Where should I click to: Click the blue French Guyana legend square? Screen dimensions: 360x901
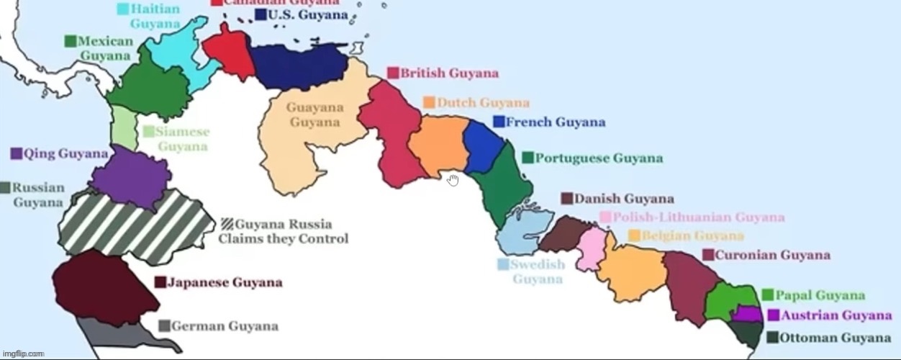tap(499, 122)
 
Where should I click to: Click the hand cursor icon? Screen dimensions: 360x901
tap(453, 179)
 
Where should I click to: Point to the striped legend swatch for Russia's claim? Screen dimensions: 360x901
tap(227, 224)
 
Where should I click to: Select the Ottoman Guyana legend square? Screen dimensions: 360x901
tap(771, 337)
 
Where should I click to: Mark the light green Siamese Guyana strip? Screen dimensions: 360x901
tap(123, 128)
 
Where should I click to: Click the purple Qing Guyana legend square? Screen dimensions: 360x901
tap(16, 153)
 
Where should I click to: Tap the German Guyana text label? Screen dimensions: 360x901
tap(225, 326)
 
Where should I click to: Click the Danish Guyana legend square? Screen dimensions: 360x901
tap(567, 199)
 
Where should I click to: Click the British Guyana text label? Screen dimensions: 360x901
tap(449, 73)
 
